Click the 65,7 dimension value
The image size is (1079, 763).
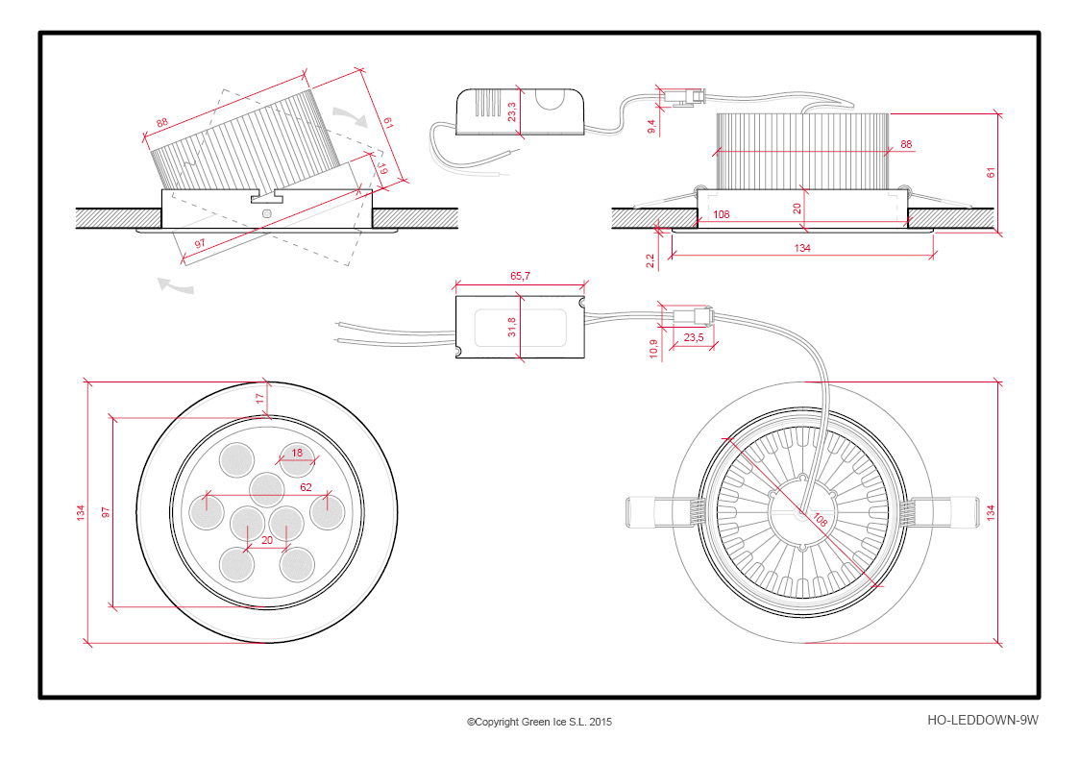[x=520, y=276]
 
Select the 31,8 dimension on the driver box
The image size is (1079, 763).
[x=512, y=326]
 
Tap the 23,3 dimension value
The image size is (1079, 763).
[x=512, y=111]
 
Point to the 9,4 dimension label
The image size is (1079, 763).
[x=651, y=126]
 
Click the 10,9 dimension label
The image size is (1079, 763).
[x=653, y=349]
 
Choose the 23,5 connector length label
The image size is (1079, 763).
[x=694, y=337]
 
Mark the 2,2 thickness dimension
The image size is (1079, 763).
[x=650, y=260]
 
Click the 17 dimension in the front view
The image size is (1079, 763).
[x=259, y=399]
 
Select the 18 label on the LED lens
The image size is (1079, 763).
[x=297, y=453]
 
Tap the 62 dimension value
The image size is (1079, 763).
[x=306, y=487]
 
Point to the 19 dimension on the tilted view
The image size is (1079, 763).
[x=382, y=168]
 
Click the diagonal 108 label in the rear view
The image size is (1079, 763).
[x=820, y=519]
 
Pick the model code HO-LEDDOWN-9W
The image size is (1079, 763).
[x=983, y=721]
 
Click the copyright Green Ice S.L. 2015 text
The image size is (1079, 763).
[x=540, y=722]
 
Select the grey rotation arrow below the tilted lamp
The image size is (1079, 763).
[x=176, y=284]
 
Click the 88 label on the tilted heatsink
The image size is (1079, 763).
[x=161, y=122]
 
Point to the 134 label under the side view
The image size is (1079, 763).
[x=802, y=248]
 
